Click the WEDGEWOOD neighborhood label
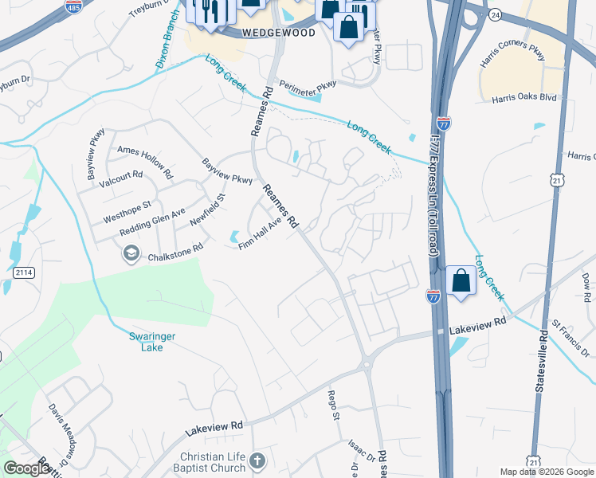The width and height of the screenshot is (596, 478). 279,33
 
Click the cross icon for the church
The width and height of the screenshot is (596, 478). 257,460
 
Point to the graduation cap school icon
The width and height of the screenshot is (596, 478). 129,254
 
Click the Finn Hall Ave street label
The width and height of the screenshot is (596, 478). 261,235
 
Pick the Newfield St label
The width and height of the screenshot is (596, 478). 214,207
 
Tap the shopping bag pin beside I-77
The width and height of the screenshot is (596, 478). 461,281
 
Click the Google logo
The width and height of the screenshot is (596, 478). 26,468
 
